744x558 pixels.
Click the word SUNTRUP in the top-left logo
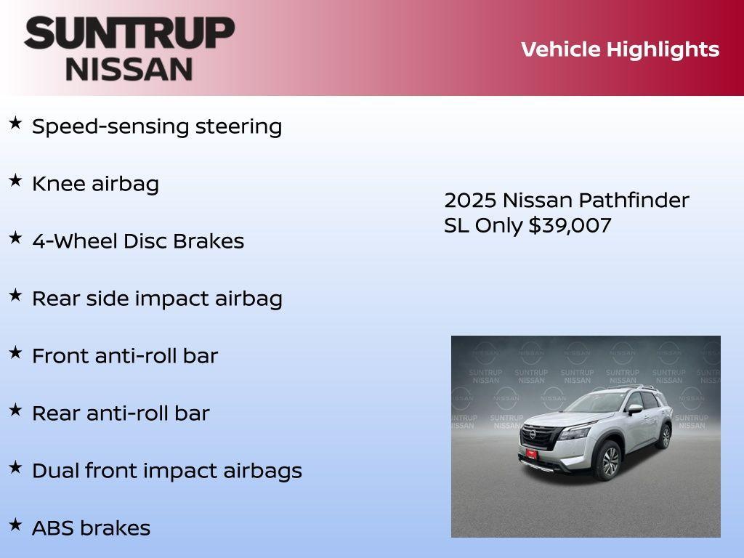(x=129, y=33)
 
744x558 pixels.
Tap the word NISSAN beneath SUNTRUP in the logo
(x=129, y=69)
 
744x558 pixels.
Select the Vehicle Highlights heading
(x=620, y=49)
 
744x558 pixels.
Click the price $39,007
(x=570, y=225)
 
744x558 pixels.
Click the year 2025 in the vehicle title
(x=470, y=200)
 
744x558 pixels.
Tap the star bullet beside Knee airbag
(x=15, y=181)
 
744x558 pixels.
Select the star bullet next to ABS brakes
(x=15, y=525)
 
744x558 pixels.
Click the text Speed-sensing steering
(x=157, y=126)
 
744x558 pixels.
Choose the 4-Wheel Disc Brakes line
(x=138, y=241)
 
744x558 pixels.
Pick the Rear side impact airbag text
(x=157, y=299)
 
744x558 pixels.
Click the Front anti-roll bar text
(x=125, y=356)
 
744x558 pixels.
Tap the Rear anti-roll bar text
(x=121, y=413)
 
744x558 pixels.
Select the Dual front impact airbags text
(x=167, y=471)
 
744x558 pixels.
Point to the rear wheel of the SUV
(x=664, y=436)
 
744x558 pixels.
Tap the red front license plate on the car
(x=532, y=454)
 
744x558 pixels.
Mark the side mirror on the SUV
(x=635, y=410)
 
